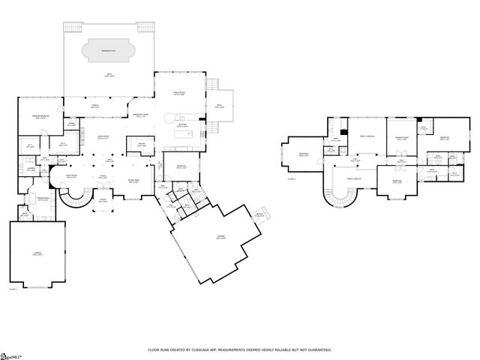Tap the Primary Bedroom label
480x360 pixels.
(30, 117)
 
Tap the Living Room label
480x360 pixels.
(73, 177)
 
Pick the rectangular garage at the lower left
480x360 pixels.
(37, 253)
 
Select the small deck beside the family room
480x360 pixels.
(220, 106)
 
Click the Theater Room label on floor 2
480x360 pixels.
(402, 138)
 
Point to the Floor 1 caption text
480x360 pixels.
(13, 289)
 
